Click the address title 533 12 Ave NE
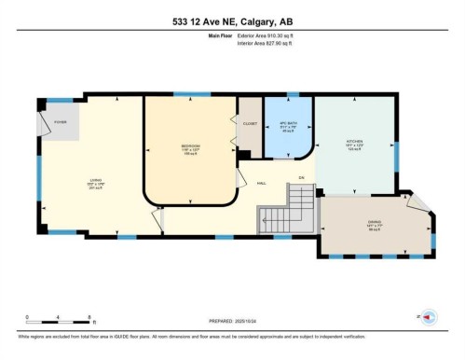click(232, 22)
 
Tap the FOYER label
click(60, 122)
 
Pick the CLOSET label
click(249, 123)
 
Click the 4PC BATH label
click(289, 127)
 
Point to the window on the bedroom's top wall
click(192, 95)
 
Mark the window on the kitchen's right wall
click(395, 158)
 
